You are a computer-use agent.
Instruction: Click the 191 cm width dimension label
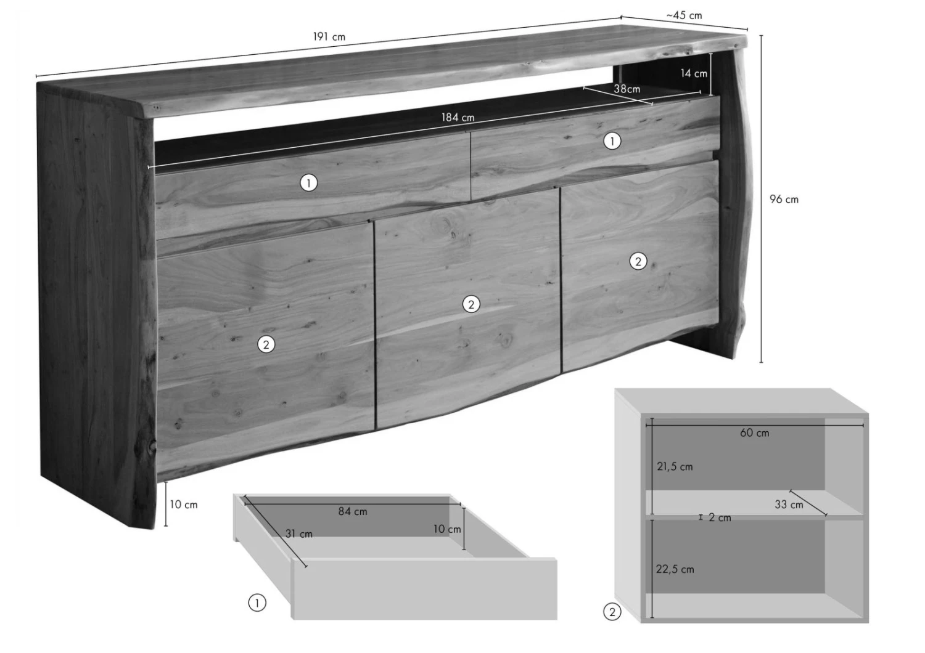[x=329, y=37]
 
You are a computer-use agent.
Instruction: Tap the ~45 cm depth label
[x=684, y=15]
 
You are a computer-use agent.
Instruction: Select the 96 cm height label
[x=784, y=199]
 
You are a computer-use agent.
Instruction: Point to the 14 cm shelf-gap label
[x=694, y=73]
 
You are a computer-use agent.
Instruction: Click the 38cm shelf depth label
[x=627, y=89]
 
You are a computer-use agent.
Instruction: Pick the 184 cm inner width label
[x=458, y=118]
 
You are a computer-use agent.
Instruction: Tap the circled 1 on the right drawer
[x=612, y=141]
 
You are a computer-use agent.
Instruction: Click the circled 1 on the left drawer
[x=308, y=183]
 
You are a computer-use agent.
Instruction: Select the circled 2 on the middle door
[x=471, y=304]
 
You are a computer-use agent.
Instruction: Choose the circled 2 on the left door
[x=266, y=344]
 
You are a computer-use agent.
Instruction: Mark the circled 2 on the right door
[x=638, y=261]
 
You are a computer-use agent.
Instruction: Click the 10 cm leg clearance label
[x=184, y=505]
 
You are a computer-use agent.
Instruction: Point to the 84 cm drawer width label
[x=353, y=511]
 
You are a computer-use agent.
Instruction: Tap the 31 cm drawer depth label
[x=298, y=533]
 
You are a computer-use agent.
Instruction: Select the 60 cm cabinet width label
[x=754, y=432]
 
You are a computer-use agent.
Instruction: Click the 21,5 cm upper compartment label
[x=675, y=466]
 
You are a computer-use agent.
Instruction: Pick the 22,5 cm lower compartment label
[x=675, y=569]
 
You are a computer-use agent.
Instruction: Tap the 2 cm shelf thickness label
[x=720, y=517]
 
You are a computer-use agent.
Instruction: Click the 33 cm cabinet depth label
[x=789, y=505]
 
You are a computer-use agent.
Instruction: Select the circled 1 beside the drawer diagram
[x=257, y=603]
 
